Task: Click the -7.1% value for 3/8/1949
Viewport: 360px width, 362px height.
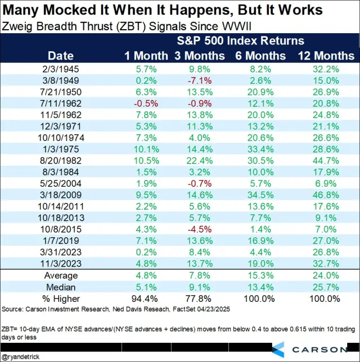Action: [x=201, y=80]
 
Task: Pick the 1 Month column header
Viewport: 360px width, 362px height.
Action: [x=146, y=55]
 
